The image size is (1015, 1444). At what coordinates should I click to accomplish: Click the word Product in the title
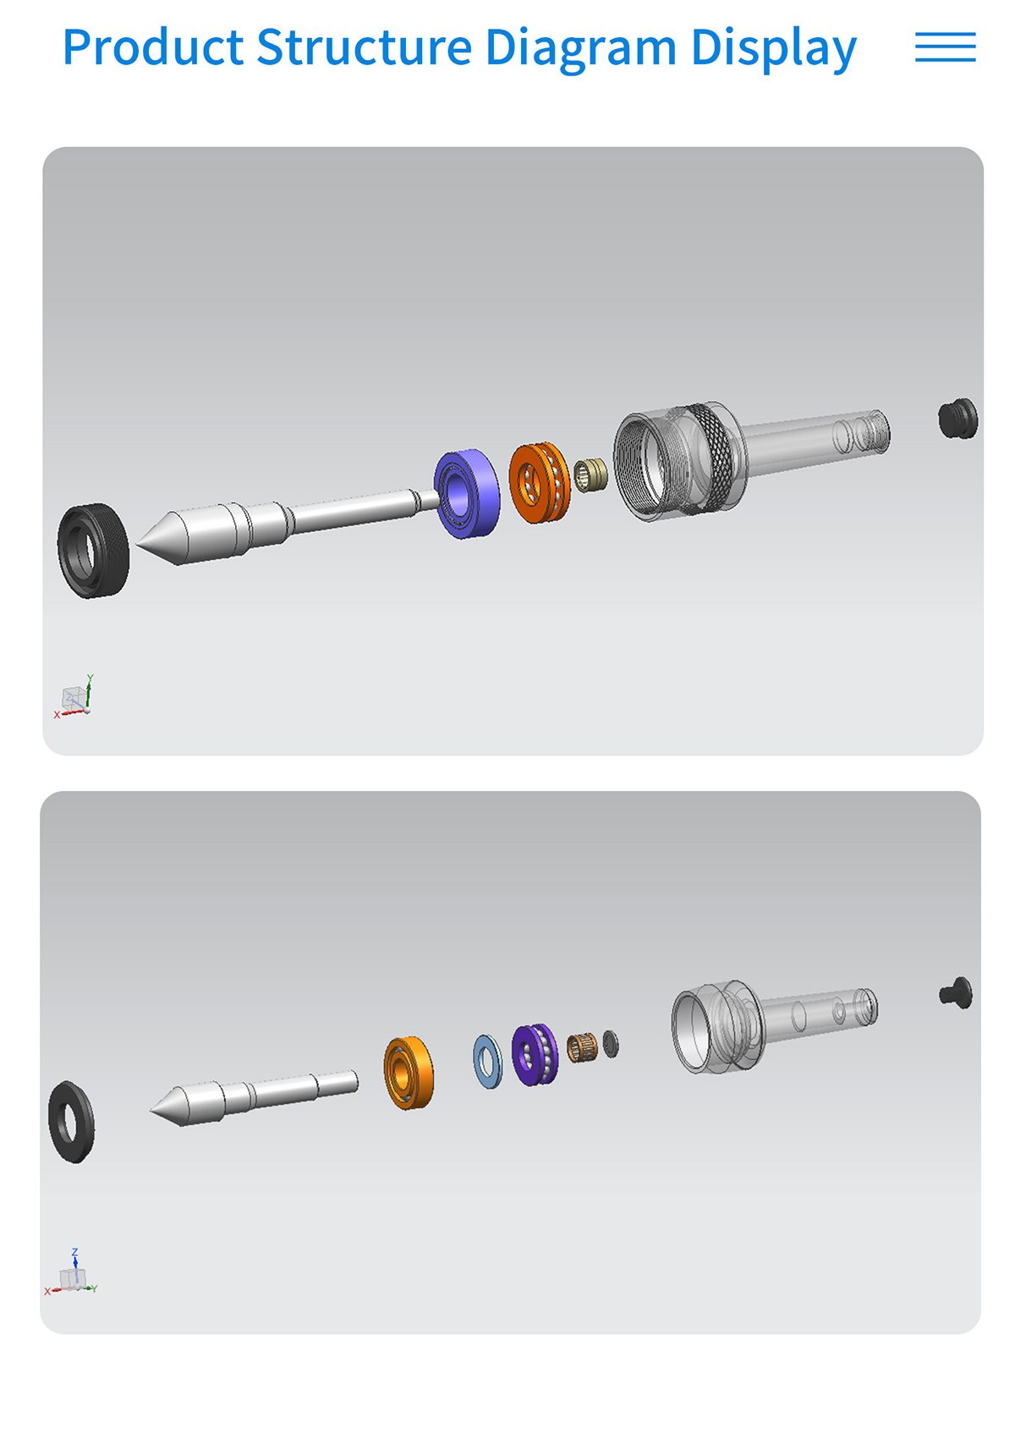coord(153,48)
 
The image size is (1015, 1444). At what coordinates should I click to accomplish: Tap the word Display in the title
coord(773,48)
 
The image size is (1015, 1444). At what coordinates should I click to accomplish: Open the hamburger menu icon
coord(945,47)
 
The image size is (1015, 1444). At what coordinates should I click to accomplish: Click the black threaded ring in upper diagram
coord(93,551)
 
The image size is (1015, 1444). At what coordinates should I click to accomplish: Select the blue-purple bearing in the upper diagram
coord(467,493)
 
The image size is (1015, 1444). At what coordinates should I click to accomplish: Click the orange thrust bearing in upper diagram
coord(539,482)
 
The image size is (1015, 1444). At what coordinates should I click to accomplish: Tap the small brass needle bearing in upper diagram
coord(590,475)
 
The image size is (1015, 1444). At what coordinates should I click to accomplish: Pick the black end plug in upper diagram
coord(957,419)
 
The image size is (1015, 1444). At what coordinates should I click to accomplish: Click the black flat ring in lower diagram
coord(71,1122)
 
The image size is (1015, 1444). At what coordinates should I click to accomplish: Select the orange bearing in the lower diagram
coord(409,1073)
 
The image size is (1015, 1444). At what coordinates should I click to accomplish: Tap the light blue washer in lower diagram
coord(487,1061)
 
